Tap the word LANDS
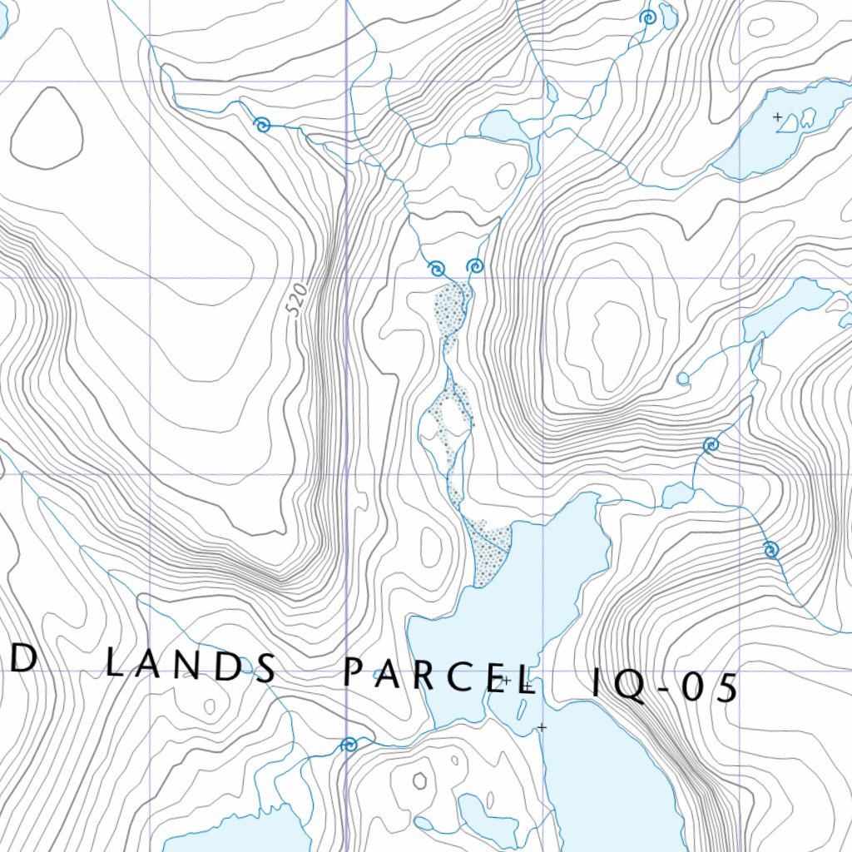[x=192, y=665]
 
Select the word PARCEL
[x=438, y=676]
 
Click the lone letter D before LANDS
[x=24, y=659]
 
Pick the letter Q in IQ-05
[x=632, y=687]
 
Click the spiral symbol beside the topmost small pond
[x=647, y=17]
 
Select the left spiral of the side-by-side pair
[x=436, y=268]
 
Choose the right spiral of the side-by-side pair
[x=475, y=266]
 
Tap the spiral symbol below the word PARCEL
[x=349, y=745]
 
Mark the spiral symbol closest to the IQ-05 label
[x=770, y=549]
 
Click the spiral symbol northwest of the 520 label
[x=263, y=126]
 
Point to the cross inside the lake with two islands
[x=778, y=117]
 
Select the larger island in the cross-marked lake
[x=807, y=119]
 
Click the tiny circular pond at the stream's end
[x=683, y=379]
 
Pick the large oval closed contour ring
[x=47, y=129]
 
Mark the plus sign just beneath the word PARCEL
[x=542, y=727]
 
